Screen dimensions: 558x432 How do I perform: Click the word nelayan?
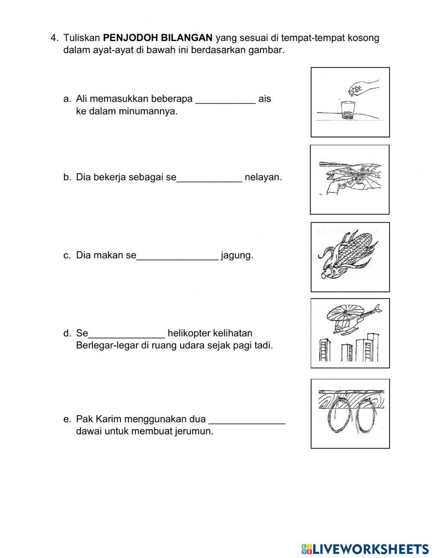point(263,177)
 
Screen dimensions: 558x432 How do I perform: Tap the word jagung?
point(237,255)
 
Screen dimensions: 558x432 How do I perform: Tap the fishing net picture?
point(350,179)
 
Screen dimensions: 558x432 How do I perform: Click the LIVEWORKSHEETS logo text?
point(370,548)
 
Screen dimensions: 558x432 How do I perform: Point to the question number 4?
point(54,38)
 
